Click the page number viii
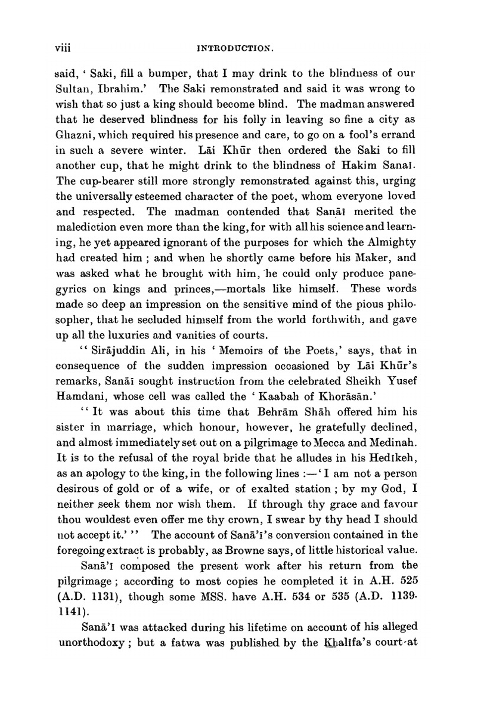63,49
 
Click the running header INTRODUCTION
236,49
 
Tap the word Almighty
392,243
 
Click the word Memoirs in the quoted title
241,351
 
